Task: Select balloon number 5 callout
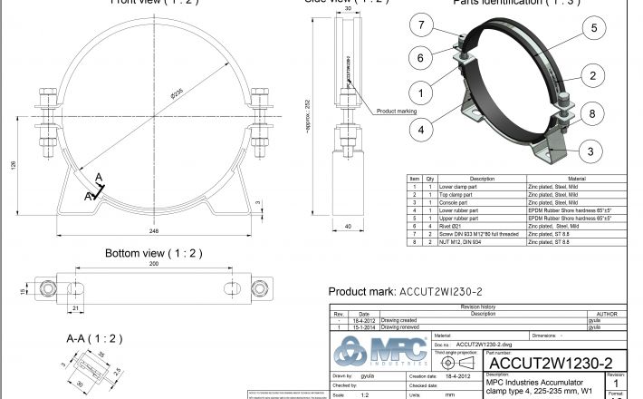(594, 27)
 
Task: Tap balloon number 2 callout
(594, 76)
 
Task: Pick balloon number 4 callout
(422, 129)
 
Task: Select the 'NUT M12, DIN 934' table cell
(461, 244)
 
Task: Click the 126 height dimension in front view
(13, 165)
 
